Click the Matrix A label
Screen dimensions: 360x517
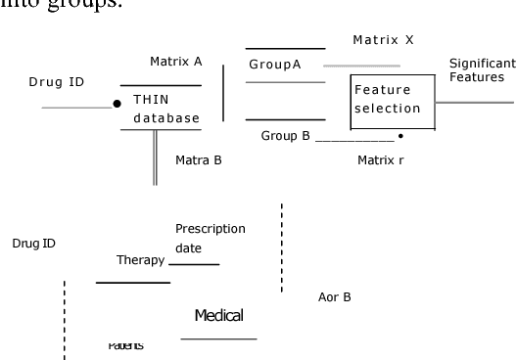[x=175, y=61]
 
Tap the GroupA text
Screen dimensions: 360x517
[x=274, y=65]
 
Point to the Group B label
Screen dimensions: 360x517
[x=285, y=136]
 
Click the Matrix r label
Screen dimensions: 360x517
[x=381, y=157]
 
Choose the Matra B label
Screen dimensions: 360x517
[x=199, y=158]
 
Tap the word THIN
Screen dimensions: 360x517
[x=150, y=100]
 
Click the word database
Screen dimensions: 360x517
[x=165, y=118]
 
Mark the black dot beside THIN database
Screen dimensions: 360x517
[x=117, y=103]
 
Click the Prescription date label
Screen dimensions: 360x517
[x=210, y=239]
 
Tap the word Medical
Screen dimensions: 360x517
[x=218, y=315]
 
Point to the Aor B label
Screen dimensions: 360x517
[x=335, y=296]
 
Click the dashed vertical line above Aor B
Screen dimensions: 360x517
[x=282, y=247]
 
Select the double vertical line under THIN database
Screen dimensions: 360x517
[x=155, y=157]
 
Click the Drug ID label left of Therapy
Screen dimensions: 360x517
[x=33, y=243]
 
